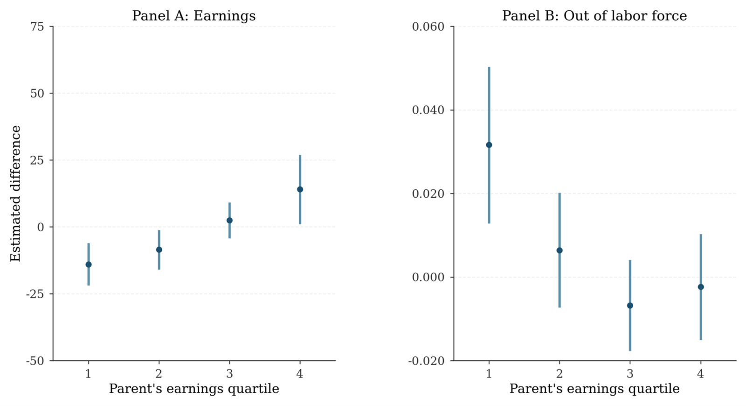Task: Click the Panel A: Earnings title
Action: click(x=193, y=16)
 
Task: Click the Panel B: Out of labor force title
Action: click(x=594, y=16)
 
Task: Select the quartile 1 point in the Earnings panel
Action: click(x=89, y=265)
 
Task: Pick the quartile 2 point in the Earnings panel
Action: click(x=159, y=250)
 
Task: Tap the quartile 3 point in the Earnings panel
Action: click(x=229, y=220)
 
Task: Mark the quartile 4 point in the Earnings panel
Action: click(x=300, y=189)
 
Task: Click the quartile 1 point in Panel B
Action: click(x=489, y=145)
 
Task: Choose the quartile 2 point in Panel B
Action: click(x=559, y=250)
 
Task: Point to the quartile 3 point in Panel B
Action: click(x=630, y=305)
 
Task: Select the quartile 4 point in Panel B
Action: click(x=700, y=287)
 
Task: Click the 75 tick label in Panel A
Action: click(x=37, y=27)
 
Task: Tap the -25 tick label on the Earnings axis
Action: click(x=35, y=294)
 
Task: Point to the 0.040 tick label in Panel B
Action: click(x=428, y=110)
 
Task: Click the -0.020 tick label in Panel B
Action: click(x=426, y=361)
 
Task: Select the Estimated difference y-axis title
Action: click(x=16, y=193)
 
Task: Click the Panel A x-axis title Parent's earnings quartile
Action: click(x=193, y=389)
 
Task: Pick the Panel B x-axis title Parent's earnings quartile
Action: click(x=594, y=389)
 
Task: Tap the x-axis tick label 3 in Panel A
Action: click(x=229, y=373)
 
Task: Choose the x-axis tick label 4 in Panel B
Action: click(x=700, y=373)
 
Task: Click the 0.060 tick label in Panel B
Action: click(x=428, y=27)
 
